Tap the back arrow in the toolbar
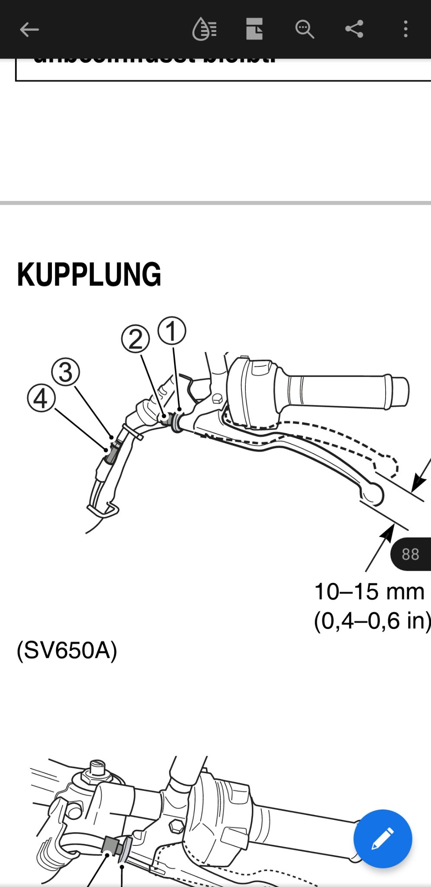point(29,29)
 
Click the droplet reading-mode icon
point(204,29)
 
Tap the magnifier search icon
point(304,29)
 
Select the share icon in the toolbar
point(354,29)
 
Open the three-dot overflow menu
point(405,29)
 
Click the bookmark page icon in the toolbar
point(254,29)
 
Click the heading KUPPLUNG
point(89,275)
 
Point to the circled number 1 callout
point(172,331)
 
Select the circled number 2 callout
point(135,339)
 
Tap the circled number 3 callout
point(65,372)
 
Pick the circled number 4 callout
point(41,398)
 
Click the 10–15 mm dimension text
point(369,592)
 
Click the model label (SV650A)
point(67,650)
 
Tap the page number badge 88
point(410,554)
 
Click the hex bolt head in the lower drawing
point(176,826)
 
